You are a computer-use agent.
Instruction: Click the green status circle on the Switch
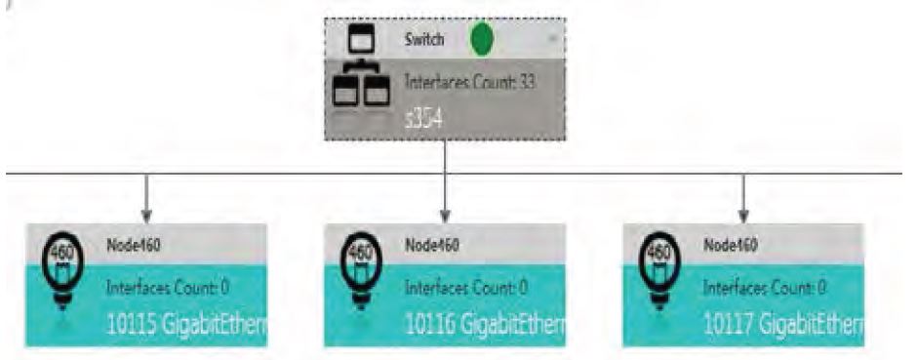[x=482, y=40]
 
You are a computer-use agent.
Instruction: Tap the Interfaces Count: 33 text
[x=469, y=84]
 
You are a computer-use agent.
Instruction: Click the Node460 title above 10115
[x=133, y=244]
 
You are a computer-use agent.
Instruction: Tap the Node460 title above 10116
[x=432, y=244]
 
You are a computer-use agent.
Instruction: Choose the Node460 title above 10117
[x=732, y=244]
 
